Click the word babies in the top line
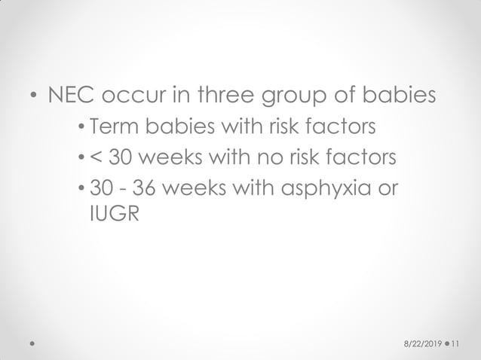[395, 97]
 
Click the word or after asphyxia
[384, 188]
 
